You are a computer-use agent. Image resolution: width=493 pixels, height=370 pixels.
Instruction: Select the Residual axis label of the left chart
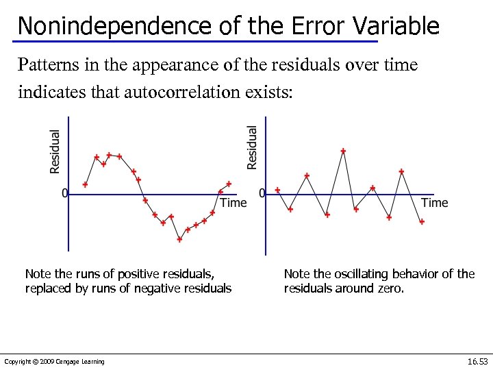coord(55,151)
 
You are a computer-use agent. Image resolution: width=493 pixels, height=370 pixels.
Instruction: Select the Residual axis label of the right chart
coord(252,147)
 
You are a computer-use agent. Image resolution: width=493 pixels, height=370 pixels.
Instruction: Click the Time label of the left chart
coord(233,203)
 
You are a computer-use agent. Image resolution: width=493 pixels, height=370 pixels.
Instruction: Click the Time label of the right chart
coord(434,202)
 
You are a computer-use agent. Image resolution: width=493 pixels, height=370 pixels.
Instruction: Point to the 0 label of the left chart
coord(65,194)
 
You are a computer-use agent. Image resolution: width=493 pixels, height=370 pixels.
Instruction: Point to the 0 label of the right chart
coord(262,194)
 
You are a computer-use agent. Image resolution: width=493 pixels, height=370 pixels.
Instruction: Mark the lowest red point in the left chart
coord(179,239)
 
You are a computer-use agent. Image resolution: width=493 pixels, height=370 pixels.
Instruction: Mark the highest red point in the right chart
coord(343,151)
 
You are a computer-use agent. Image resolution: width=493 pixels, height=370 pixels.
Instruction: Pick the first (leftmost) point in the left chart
coord(85,184)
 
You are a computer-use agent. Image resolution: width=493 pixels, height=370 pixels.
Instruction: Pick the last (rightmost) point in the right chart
coord(422,221)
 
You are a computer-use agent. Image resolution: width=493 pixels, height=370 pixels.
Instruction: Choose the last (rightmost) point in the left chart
coord(229,184)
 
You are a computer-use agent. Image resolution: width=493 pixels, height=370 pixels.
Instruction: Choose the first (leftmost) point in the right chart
coord(277,190)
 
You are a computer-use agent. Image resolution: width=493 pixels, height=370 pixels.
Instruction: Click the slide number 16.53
coord(477,361)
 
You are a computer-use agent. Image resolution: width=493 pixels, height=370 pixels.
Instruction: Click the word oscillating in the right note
coord(376,274)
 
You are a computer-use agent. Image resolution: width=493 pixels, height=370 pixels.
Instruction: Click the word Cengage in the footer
coord(69,362)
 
